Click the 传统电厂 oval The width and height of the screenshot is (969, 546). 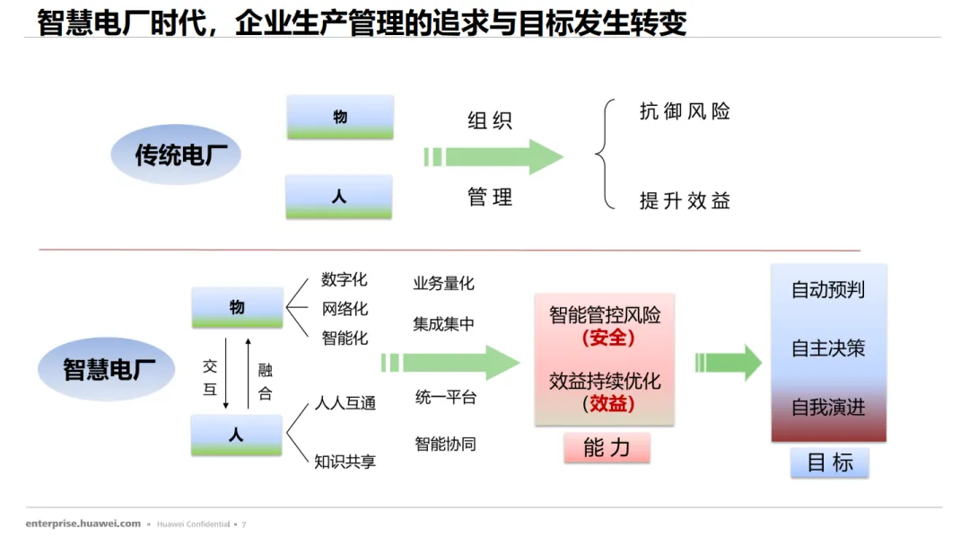coord(176,155)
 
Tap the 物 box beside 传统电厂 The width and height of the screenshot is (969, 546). coord(340,117)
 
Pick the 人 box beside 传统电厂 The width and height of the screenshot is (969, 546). coord(339,197)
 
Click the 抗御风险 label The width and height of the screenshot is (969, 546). coord(685,111)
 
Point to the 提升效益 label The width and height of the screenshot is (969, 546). coord(685,200)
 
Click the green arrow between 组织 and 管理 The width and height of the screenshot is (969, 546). coord(493,157)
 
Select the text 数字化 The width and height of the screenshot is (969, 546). coord(345,280)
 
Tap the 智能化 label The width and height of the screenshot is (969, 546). coord(345,339)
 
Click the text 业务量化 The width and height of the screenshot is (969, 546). coord(443,284)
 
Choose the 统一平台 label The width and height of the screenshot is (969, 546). coord(445,397)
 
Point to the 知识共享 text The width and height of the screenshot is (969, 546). coord(345,462)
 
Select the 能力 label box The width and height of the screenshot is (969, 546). coord(607,447)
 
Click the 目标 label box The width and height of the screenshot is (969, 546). coord(829,463)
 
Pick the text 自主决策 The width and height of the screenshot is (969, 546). coord(827,348)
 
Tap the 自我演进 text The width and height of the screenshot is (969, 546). coord(827,407)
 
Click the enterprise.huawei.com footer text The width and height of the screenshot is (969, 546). coord(83,524)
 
